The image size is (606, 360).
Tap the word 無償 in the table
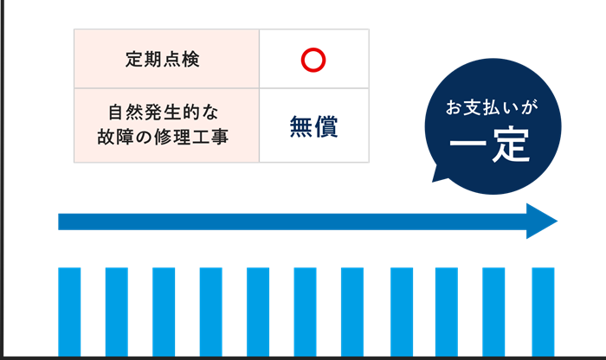coord(313,126)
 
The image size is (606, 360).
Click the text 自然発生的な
coord(166,112)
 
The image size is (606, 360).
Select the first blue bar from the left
coord(69,312)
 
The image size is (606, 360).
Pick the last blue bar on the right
coord(543,312)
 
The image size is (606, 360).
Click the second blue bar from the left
coord(116,312)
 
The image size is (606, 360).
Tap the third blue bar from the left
coord(164,312)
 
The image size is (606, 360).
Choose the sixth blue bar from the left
coord(305,312)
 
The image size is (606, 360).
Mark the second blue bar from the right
coord(493,312)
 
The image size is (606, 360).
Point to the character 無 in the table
coord(300,126)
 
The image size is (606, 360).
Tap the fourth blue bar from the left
coord(210,312)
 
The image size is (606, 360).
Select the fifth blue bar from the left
coord(257,312)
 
